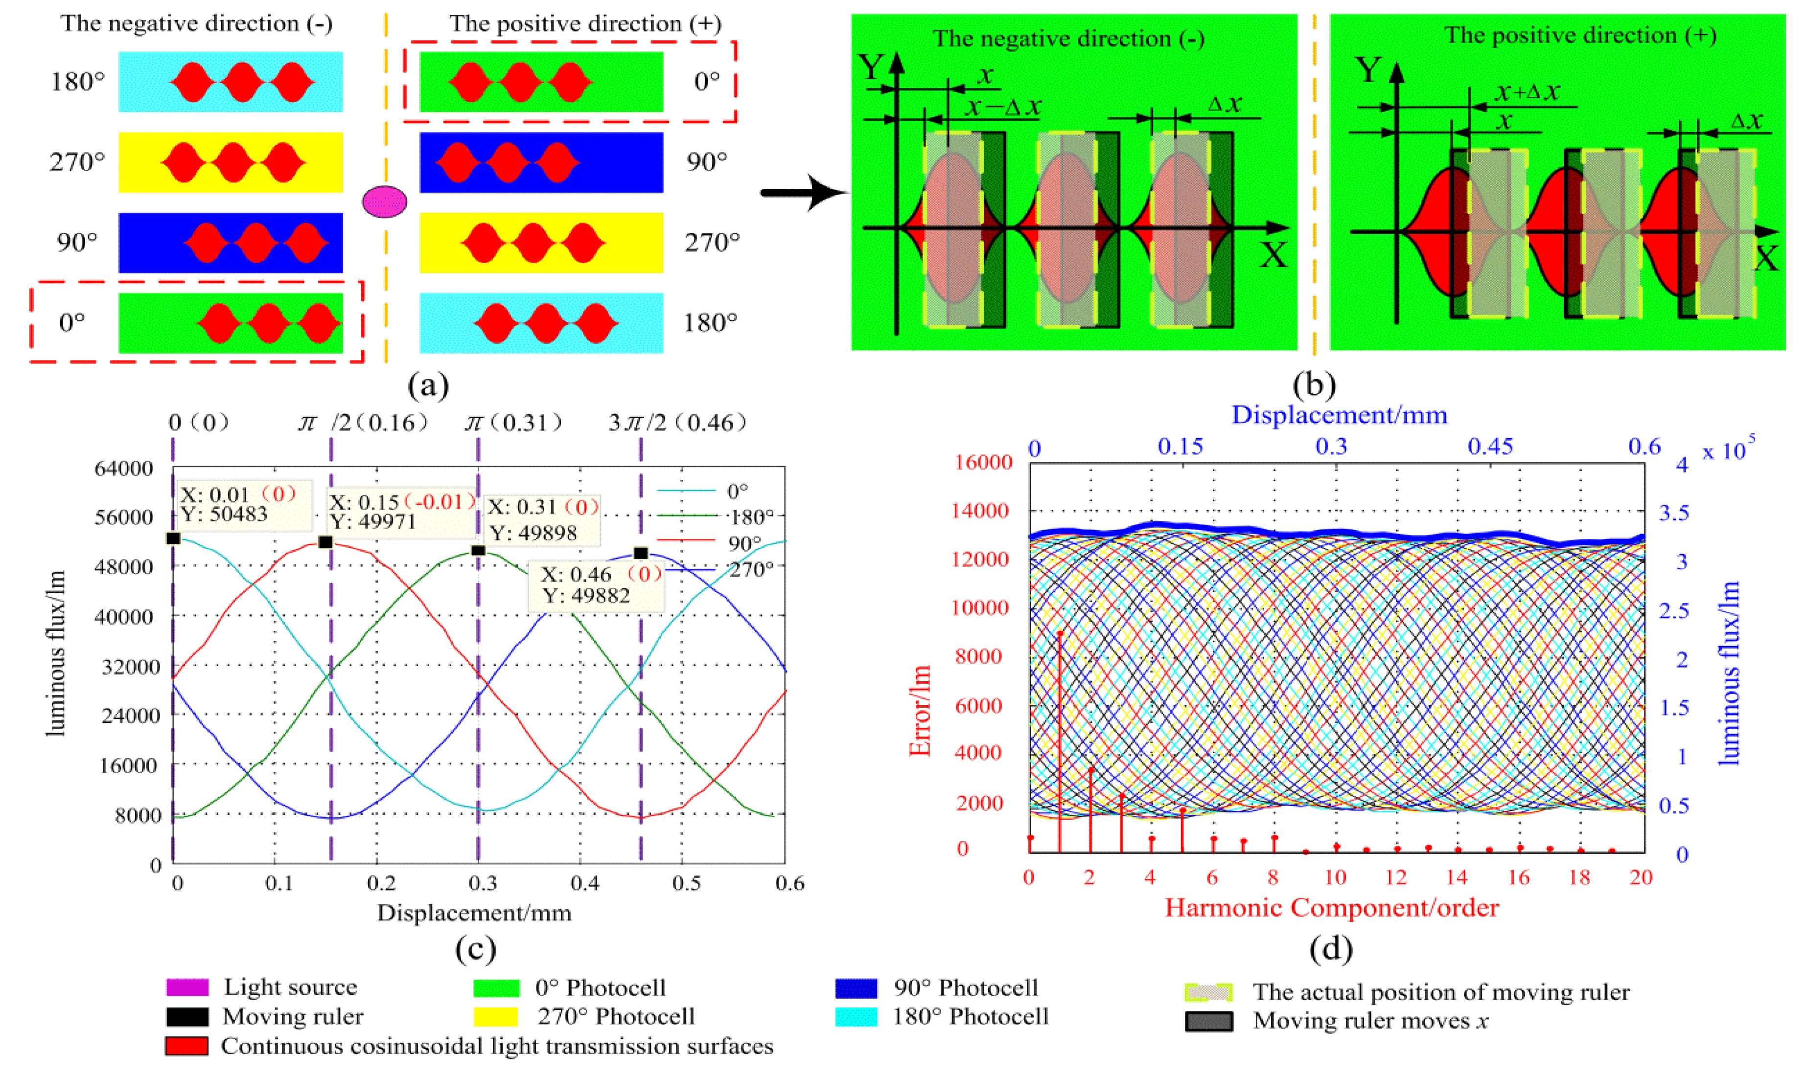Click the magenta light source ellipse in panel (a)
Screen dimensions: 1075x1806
(384, 202)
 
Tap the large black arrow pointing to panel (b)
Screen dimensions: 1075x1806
(805, 193)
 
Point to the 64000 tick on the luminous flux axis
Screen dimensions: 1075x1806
(124, 469)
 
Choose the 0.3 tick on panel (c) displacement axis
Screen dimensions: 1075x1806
(483, 883)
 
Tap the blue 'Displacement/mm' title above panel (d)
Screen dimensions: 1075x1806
(1339, 415)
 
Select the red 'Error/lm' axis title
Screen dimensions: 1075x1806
(921, 711)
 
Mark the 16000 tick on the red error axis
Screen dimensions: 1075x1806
(983, 462)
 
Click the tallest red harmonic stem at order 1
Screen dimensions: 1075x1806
(1060, 732)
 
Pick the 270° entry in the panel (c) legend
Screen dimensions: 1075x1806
(751, 570)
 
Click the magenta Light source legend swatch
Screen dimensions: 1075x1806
(187, 987)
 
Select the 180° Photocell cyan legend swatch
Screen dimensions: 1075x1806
(856, 1017)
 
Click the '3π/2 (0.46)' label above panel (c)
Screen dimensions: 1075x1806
(677, 423)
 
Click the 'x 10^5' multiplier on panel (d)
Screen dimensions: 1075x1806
(1729, 450)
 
